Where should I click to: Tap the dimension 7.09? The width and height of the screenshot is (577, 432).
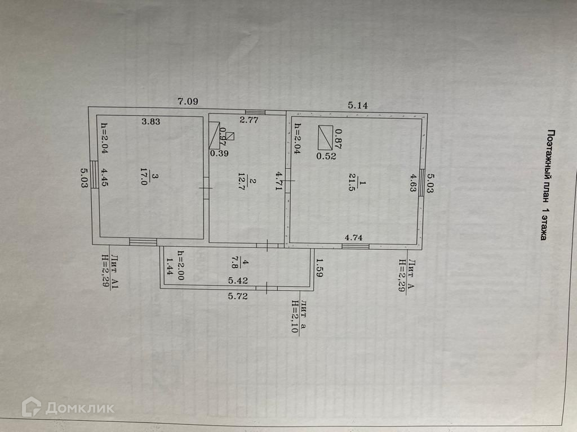pyautogui.click(x=188, y=102)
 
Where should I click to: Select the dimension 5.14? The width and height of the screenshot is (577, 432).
pyautogui.click(x=358, y=104)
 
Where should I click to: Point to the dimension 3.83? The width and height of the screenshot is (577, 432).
pyautogui.click(x=152, y=120)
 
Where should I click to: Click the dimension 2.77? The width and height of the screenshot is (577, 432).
pyautogui.click(x=248, y=120)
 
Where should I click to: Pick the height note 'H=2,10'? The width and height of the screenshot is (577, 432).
pyautogui.click(x=294, y=318)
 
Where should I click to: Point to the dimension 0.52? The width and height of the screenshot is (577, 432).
pyautogui.click(x=326, y=156)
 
